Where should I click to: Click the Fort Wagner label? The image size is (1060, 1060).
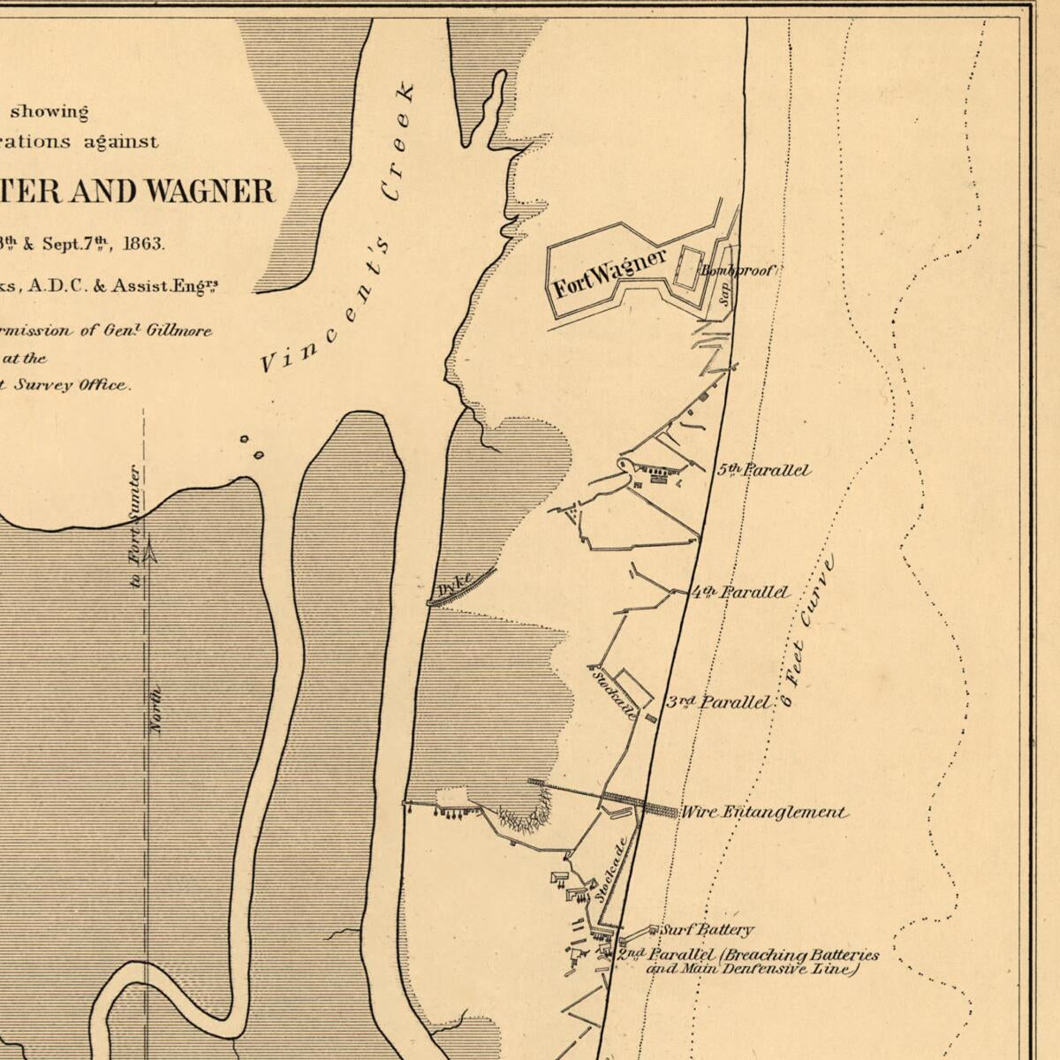(x=609, y=275)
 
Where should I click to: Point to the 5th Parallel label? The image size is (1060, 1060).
(x=763, y=470)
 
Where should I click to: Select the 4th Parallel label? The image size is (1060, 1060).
(x=741, y=592)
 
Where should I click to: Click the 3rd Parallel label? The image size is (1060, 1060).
(x=718, y=702)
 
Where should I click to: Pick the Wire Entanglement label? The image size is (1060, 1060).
(x=764, y=812)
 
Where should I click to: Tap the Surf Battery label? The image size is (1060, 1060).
(x=708, y=929)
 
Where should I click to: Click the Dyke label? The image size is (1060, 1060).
(x=455, y=585)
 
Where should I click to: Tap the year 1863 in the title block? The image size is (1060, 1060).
(x=143, y=243)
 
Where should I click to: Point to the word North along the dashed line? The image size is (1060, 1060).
(x=157, y=710)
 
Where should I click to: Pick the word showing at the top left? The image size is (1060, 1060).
(x=49, y=112)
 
